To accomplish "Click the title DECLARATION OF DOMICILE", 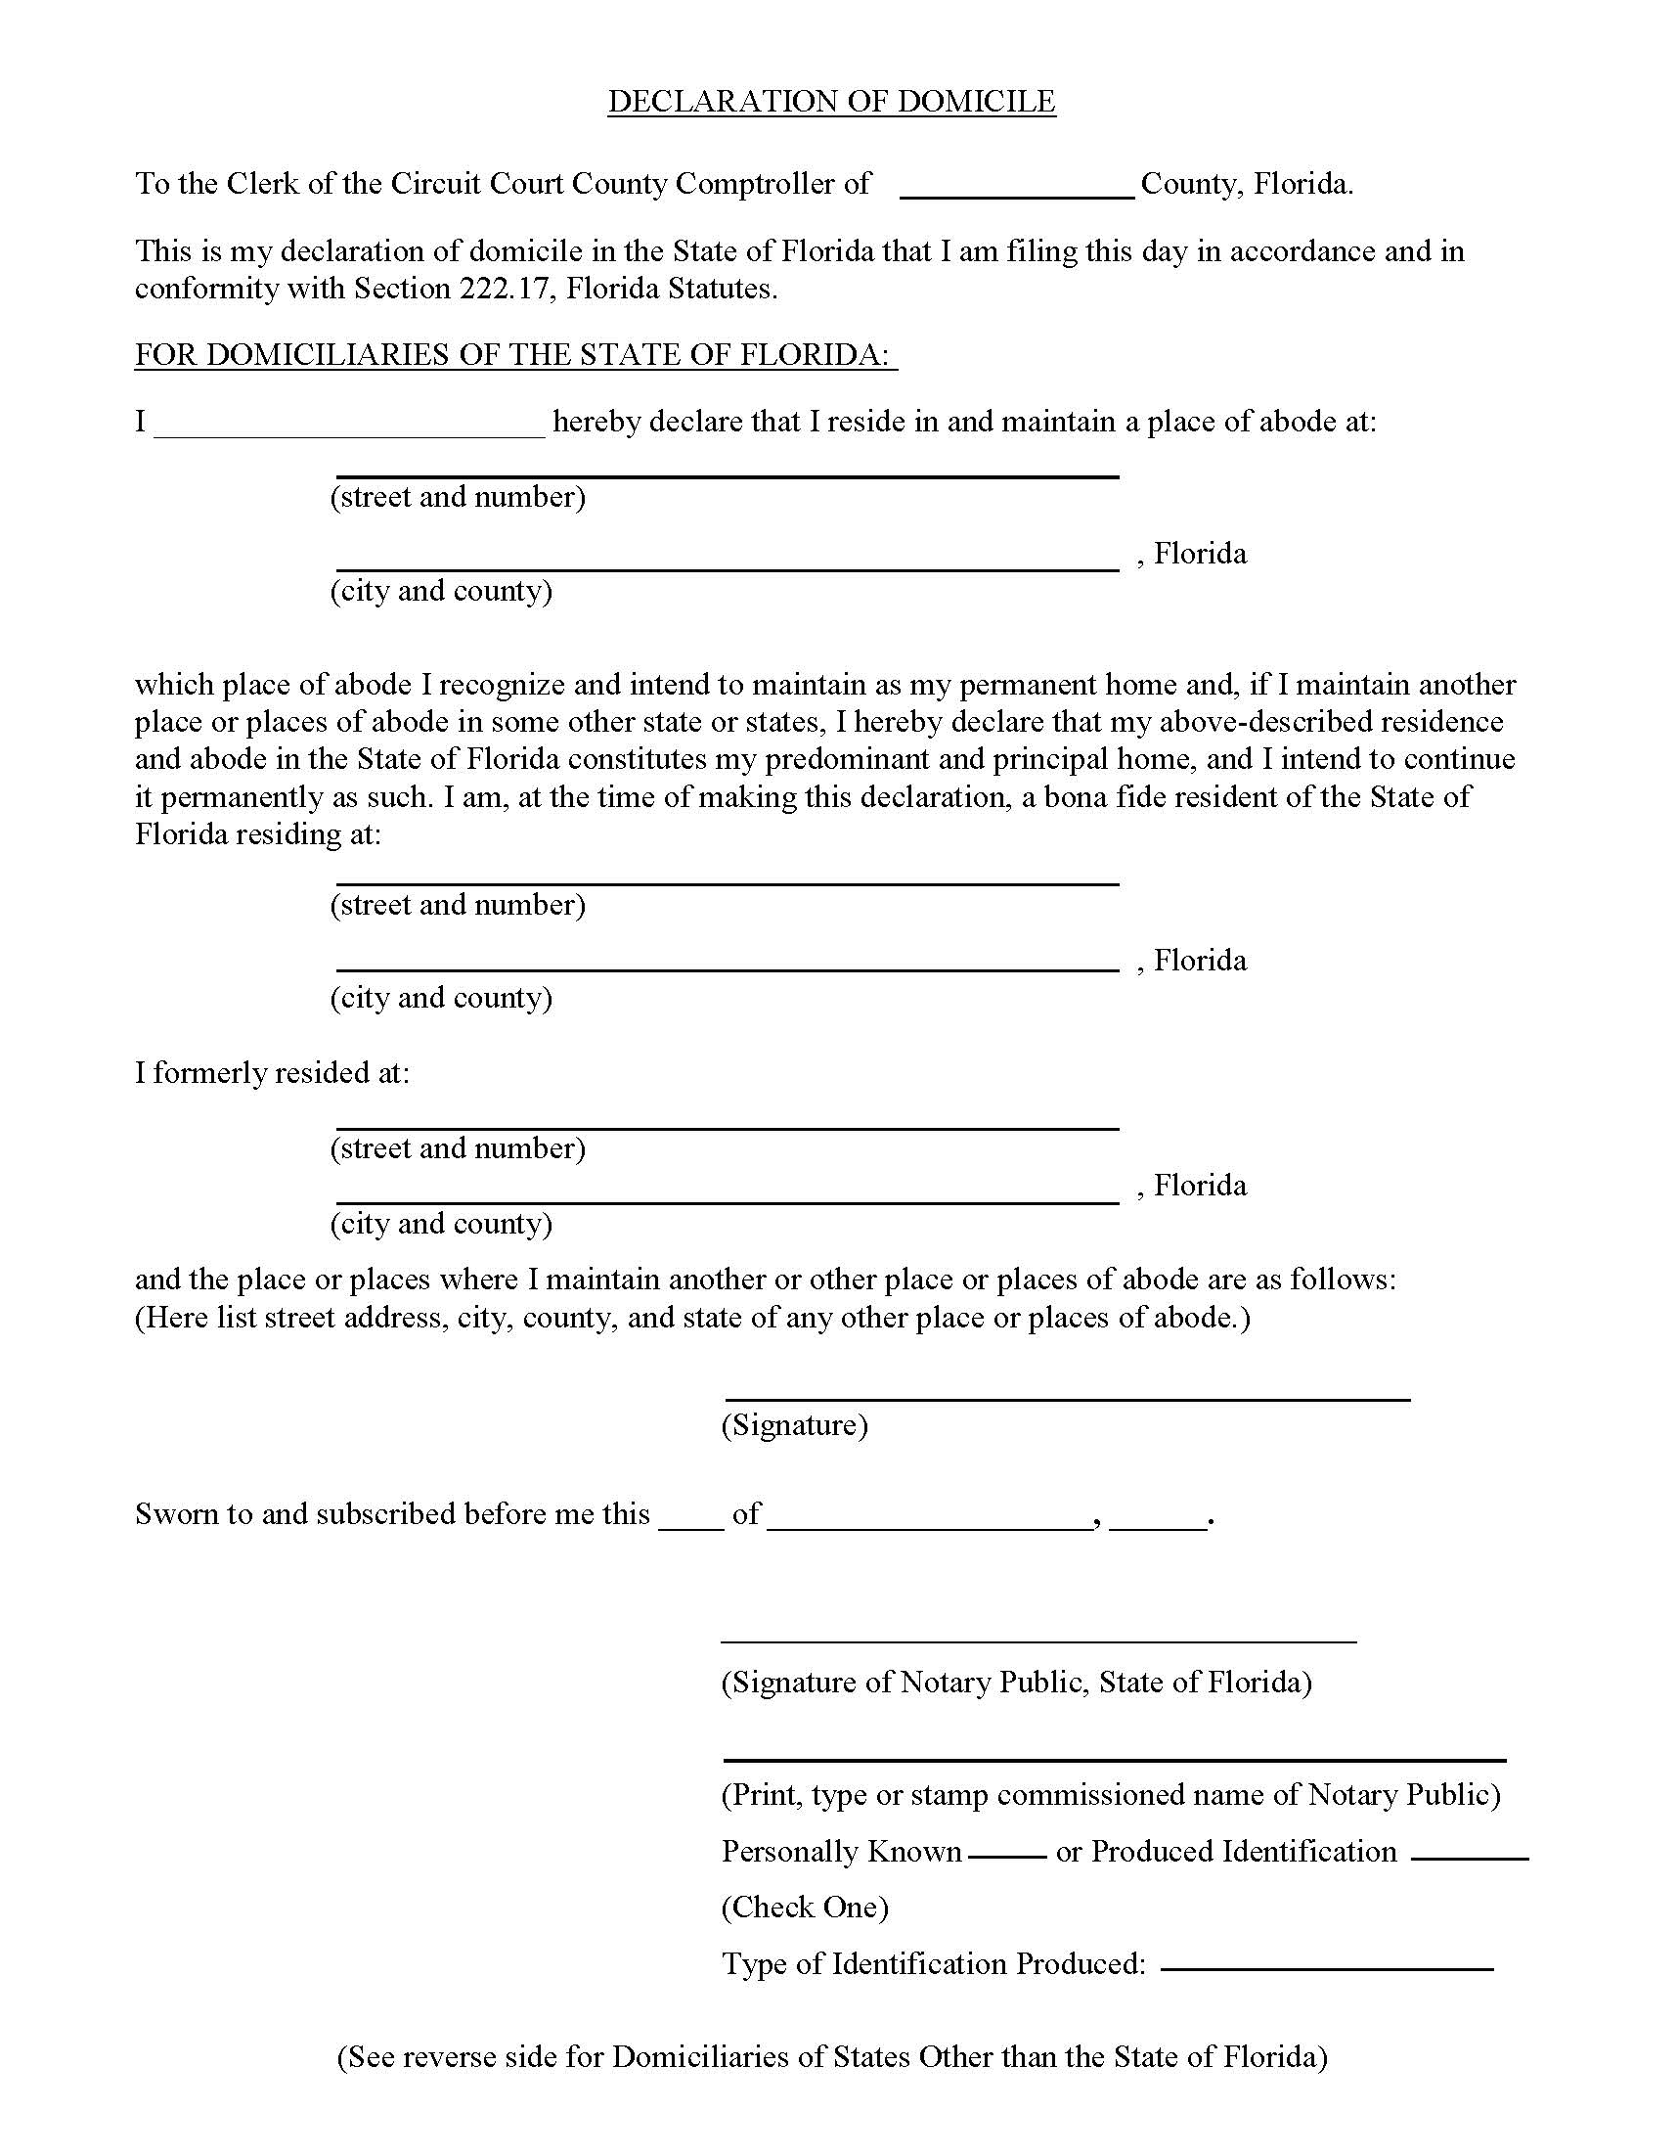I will point(831,102).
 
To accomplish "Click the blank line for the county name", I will point(1017,188).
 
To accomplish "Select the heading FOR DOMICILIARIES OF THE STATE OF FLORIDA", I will point(515,355).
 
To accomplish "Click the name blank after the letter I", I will point(349,425).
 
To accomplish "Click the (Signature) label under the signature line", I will point(795,1425).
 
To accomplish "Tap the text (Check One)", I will point(805,1908).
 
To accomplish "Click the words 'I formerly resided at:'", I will point(273,1073).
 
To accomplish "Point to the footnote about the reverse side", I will point(832,2057).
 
